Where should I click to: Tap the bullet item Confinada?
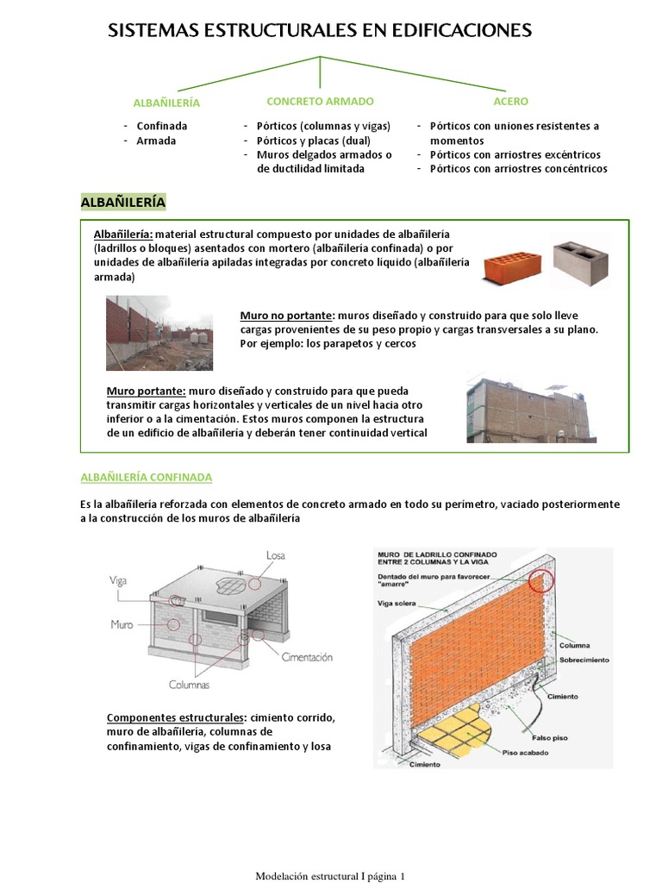point(162,126)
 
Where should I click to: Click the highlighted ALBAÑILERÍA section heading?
point(123,202)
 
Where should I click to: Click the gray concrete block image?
point(580,261)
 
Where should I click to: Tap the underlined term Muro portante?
point(146,391)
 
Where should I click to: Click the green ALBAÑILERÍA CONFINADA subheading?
point(146,477)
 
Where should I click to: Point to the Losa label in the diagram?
point(276,554)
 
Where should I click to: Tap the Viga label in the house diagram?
point(118,581)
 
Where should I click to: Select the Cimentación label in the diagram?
point(306,657)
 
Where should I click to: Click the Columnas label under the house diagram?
point(190,686)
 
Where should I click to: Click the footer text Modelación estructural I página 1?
point(330,876)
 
